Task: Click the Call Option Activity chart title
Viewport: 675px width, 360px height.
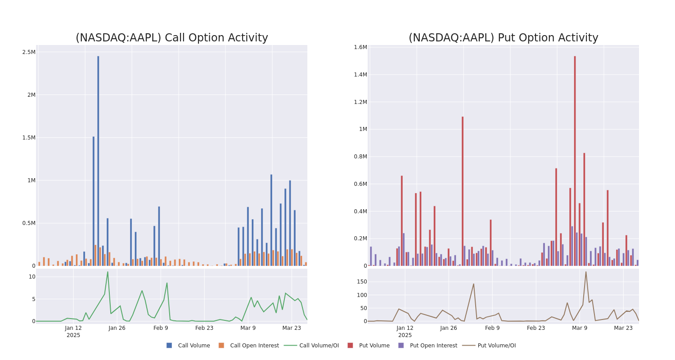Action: coord(171,38)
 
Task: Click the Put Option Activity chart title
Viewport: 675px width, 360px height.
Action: coord(503,38)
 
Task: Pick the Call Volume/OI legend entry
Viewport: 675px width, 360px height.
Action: coord(311,346)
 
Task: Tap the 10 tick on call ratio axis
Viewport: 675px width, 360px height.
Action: coord(32,277)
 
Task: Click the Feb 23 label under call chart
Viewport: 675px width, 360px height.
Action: coord(204,328)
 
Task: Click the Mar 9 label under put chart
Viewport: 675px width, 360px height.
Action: coord(580,328)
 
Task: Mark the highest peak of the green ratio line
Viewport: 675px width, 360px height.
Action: coord(108,272)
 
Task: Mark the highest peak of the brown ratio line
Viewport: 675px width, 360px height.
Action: coord(586,272)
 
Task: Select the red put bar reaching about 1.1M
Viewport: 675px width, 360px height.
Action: coord(462,191)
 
